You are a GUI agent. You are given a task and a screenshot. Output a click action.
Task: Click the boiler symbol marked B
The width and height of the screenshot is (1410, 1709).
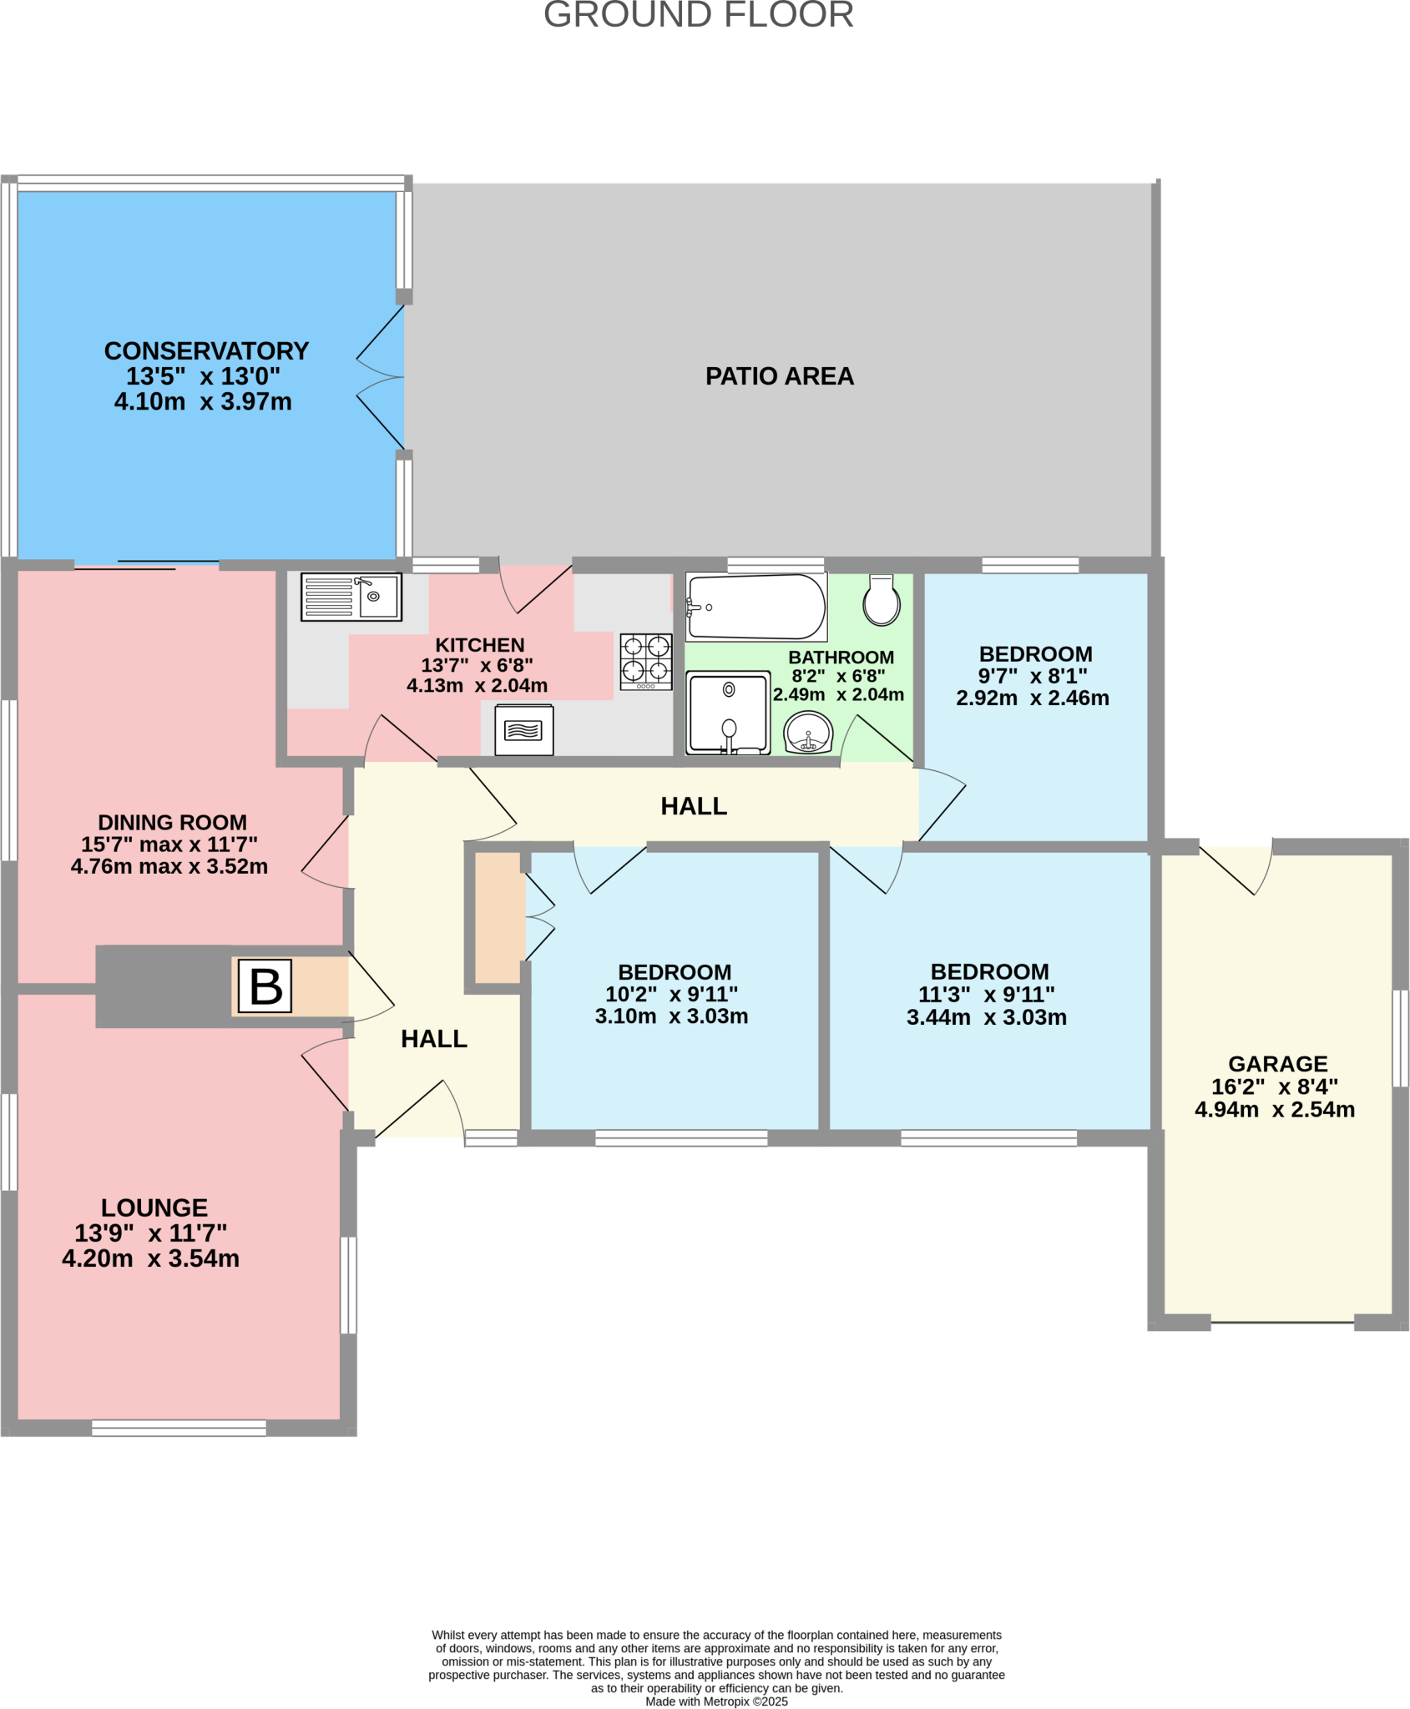click(x=265, y=986)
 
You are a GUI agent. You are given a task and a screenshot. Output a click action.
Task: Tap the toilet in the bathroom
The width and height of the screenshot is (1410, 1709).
click(x=881, y=601)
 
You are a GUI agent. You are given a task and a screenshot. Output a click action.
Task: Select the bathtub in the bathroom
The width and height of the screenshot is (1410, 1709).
click(x=756, y=607)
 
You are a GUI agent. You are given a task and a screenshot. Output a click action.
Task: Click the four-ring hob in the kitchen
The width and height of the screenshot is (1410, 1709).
click(x=646, y=661)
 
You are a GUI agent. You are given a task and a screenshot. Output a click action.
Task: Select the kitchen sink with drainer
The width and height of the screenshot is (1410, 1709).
click(x=351, y=597)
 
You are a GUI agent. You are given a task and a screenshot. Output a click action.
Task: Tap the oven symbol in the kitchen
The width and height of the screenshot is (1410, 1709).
click(x=523, y=730)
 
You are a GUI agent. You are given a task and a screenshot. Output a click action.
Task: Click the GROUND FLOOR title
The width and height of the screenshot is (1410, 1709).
click(x=698, y=15)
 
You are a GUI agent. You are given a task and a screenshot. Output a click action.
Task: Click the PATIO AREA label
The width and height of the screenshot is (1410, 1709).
click(x=779, y=376)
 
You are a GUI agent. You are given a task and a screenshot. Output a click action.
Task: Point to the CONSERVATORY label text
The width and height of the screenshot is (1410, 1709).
click(x=206, y=350)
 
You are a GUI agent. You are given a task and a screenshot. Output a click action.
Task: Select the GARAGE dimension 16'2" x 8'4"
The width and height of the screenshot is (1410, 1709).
click(x=1274, y=1086)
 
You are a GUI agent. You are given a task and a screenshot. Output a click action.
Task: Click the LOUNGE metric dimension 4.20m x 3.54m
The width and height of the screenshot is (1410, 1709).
click(x=150, y=1258)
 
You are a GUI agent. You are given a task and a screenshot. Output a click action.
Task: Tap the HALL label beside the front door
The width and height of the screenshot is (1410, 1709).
click(x=433, y=1039)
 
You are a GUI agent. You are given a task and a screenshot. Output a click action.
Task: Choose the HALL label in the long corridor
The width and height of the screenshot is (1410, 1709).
click(x=693, y=806)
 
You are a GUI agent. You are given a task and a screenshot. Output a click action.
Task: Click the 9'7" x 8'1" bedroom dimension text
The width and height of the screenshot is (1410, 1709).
click(x=1033, y=676)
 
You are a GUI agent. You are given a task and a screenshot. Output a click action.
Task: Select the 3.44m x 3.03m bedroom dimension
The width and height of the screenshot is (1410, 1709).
click(x=986, y=1017)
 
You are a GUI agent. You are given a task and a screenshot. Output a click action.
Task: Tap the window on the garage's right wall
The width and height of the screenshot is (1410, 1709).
click(x=1400, y=1037)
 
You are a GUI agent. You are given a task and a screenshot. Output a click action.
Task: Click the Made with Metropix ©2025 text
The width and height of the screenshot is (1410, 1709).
click(x=716, y=1701)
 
